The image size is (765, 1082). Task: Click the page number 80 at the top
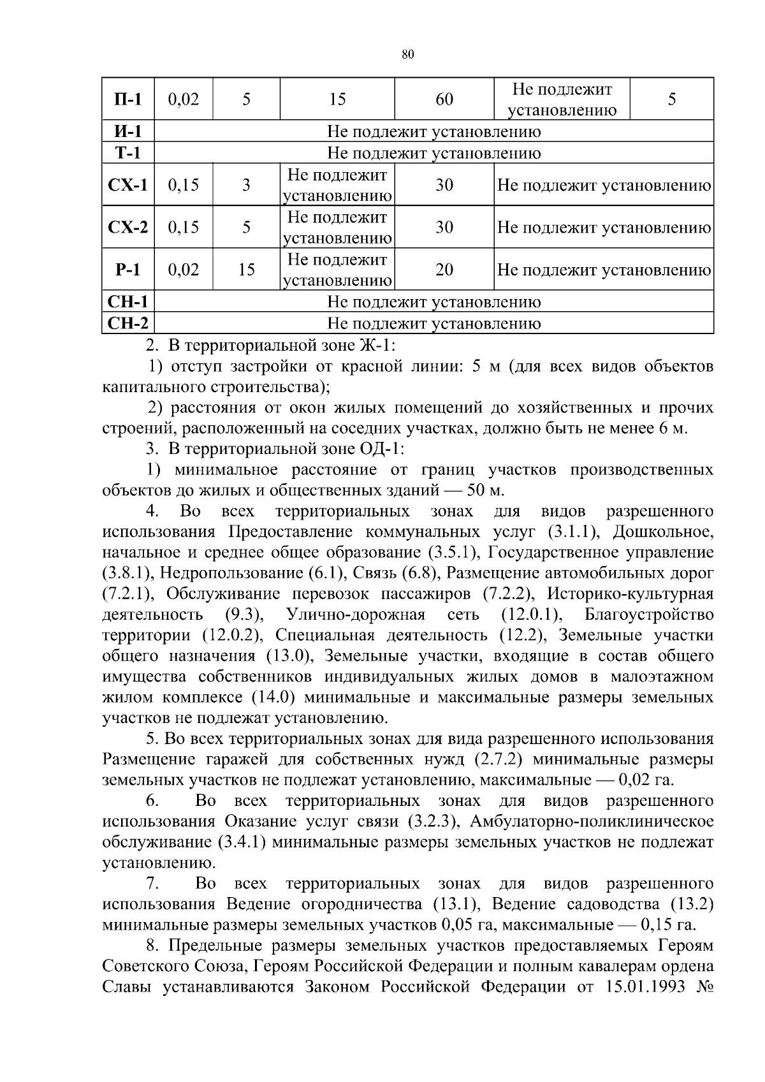[409, 55]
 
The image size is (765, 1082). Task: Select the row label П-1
[127, 99]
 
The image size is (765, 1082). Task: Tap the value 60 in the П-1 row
[444, 99]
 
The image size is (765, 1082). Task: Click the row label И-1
[127, 132]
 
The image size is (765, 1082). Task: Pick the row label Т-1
[127, 153]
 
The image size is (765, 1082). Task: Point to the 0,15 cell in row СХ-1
[184, 185]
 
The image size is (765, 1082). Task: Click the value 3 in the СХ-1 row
[246, 185]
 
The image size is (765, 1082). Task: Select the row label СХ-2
[127, 227]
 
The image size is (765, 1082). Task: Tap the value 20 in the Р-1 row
[444, 270]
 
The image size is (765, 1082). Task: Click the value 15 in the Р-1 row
[246, 270]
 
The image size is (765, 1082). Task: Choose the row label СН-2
[127, 323]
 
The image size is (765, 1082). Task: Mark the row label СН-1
[127, 302]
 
